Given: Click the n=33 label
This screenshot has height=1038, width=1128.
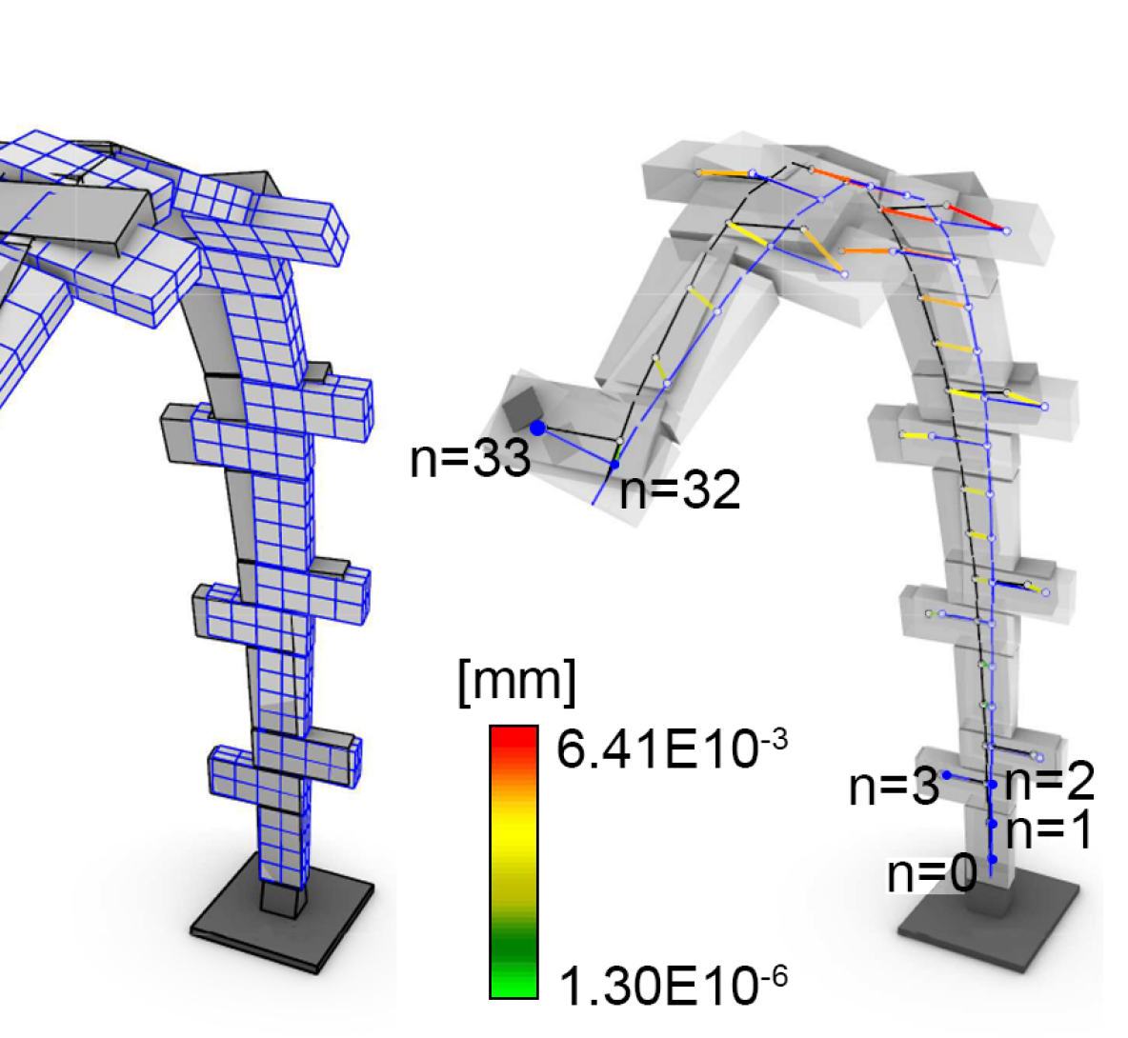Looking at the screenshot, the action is [471, 458].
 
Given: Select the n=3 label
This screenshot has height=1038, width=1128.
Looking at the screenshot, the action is [895, 787].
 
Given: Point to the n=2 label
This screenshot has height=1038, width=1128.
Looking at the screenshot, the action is [1049, 782].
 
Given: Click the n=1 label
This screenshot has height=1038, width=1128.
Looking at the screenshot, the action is [1049, 830].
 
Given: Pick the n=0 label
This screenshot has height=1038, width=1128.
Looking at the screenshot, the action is [933, 873].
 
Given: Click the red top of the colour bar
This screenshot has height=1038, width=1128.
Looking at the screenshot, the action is [514, 740].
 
